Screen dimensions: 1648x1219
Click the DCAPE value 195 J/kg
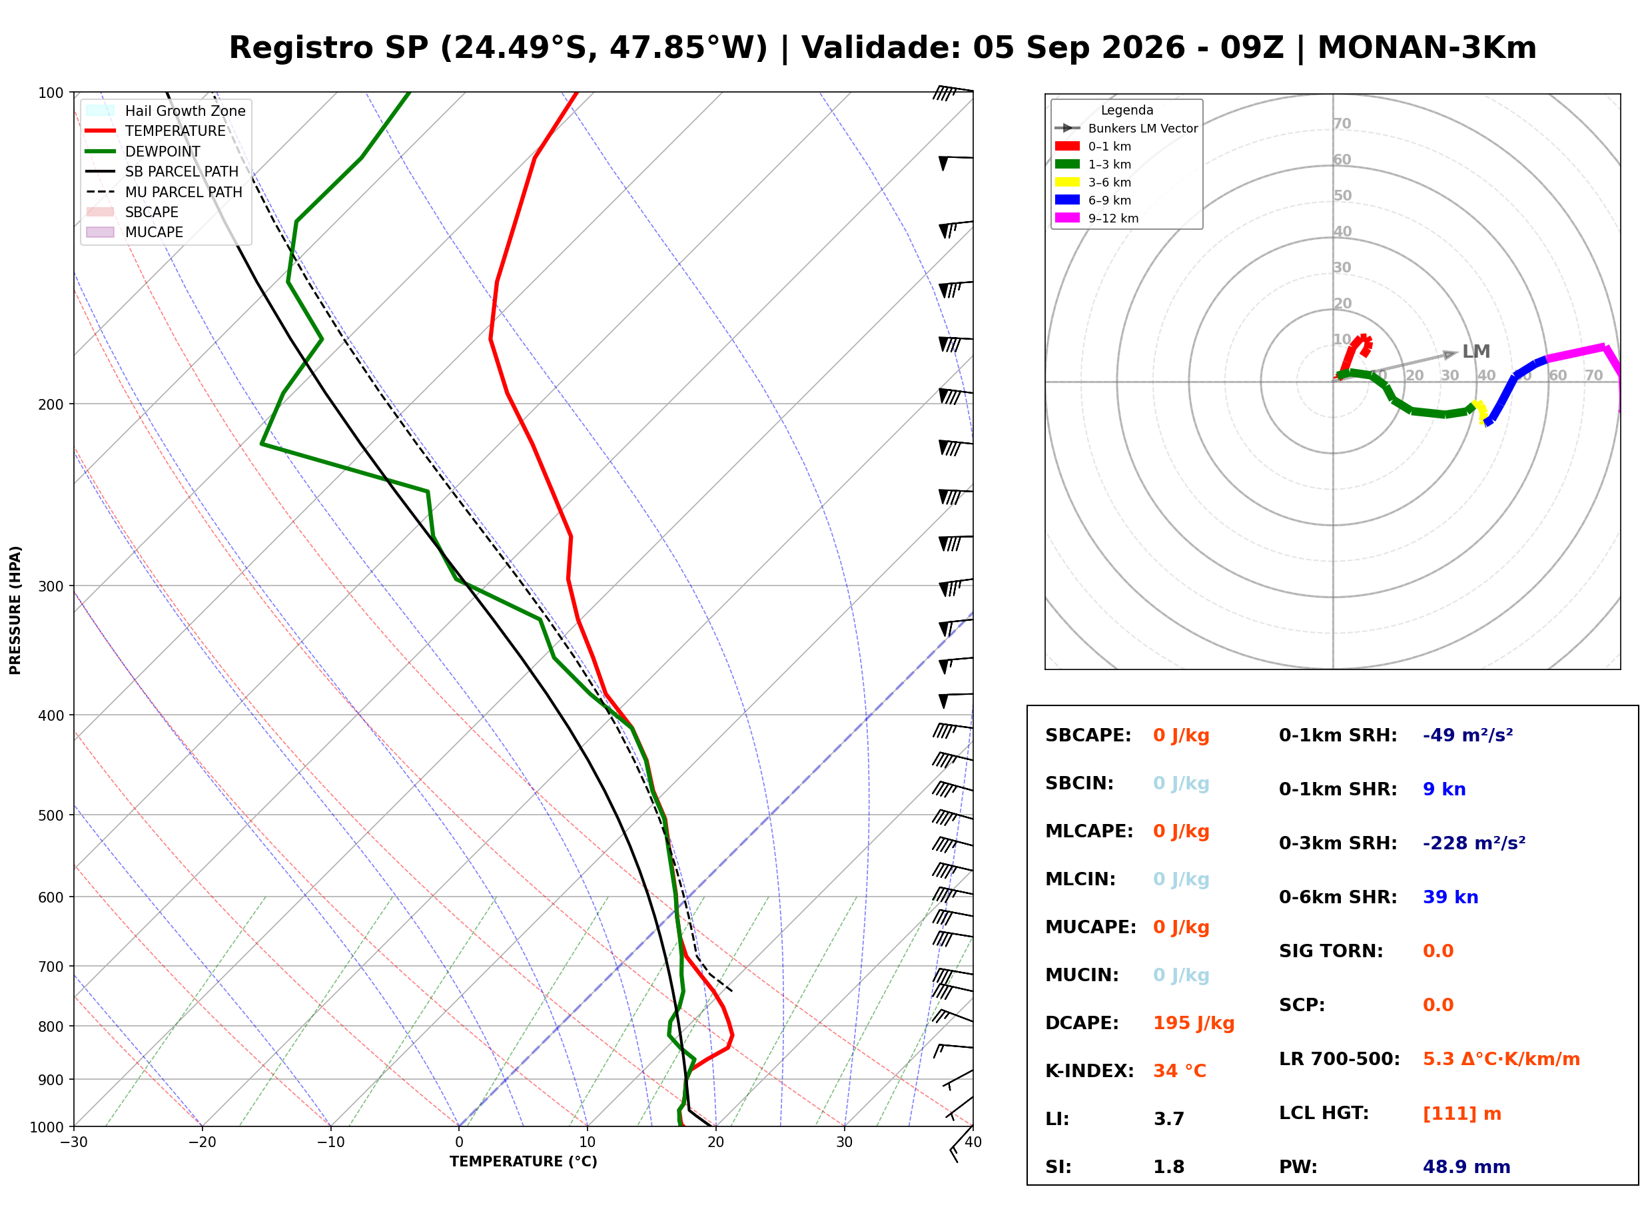(1194, 1023)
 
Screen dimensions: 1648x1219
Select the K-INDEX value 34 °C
(1180, 1071)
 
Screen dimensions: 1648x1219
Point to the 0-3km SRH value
(1474, 843)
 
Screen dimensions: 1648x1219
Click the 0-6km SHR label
(1338, 897)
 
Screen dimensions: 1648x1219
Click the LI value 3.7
(1169, 1119)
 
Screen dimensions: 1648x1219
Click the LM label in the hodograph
(1476, 352)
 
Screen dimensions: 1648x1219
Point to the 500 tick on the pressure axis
(52, 815)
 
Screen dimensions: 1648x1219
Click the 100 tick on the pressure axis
(52, 93)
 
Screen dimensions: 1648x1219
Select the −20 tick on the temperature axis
(201, 1142)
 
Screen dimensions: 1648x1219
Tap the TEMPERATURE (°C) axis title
(524, 1162)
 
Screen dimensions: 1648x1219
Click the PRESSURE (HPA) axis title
(15, 610)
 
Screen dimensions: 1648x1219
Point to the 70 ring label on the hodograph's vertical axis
(1342, 124)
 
